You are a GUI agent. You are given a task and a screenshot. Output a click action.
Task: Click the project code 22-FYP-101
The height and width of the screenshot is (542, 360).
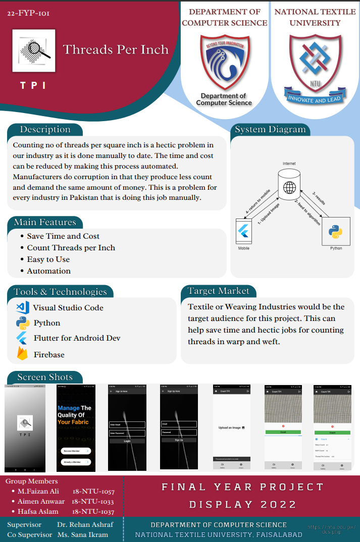pos(28,13)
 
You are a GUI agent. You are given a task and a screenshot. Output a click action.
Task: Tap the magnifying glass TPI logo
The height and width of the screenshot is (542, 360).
pos(33,49)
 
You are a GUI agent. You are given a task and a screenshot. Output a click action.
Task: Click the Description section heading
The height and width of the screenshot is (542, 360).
pos(45,130)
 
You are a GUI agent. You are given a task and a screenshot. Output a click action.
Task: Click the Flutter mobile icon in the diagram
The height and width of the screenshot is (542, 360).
pos(244,232)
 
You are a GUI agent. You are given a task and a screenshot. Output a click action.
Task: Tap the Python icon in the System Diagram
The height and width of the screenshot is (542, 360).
pos(335,232)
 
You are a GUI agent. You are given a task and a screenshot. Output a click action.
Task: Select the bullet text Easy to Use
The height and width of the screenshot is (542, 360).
pos(48,259)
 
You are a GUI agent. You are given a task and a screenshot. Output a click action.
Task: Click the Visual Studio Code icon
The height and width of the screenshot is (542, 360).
pos(22,307)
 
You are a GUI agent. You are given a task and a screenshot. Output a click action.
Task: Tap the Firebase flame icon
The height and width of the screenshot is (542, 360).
pos(22,354)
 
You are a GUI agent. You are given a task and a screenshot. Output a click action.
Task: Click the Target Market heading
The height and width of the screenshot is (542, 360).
pos(219,291)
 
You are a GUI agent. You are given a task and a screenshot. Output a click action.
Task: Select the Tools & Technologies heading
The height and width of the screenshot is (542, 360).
pos(60,292)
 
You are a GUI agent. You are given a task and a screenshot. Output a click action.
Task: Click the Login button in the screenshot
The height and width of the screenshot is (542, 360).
pos(127,441)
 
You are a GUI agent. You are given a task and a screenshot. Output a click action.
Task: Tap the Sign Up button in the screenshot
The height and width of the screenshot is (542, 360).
pos(179,440)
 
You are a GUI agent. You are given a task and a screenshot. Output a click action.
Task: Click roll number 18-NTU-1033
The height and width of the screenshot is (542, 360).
pos(93,502)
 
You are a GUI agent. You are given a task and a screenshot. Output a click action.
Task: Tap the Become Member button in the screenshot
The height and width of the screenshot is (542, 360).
pos(75,451)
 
